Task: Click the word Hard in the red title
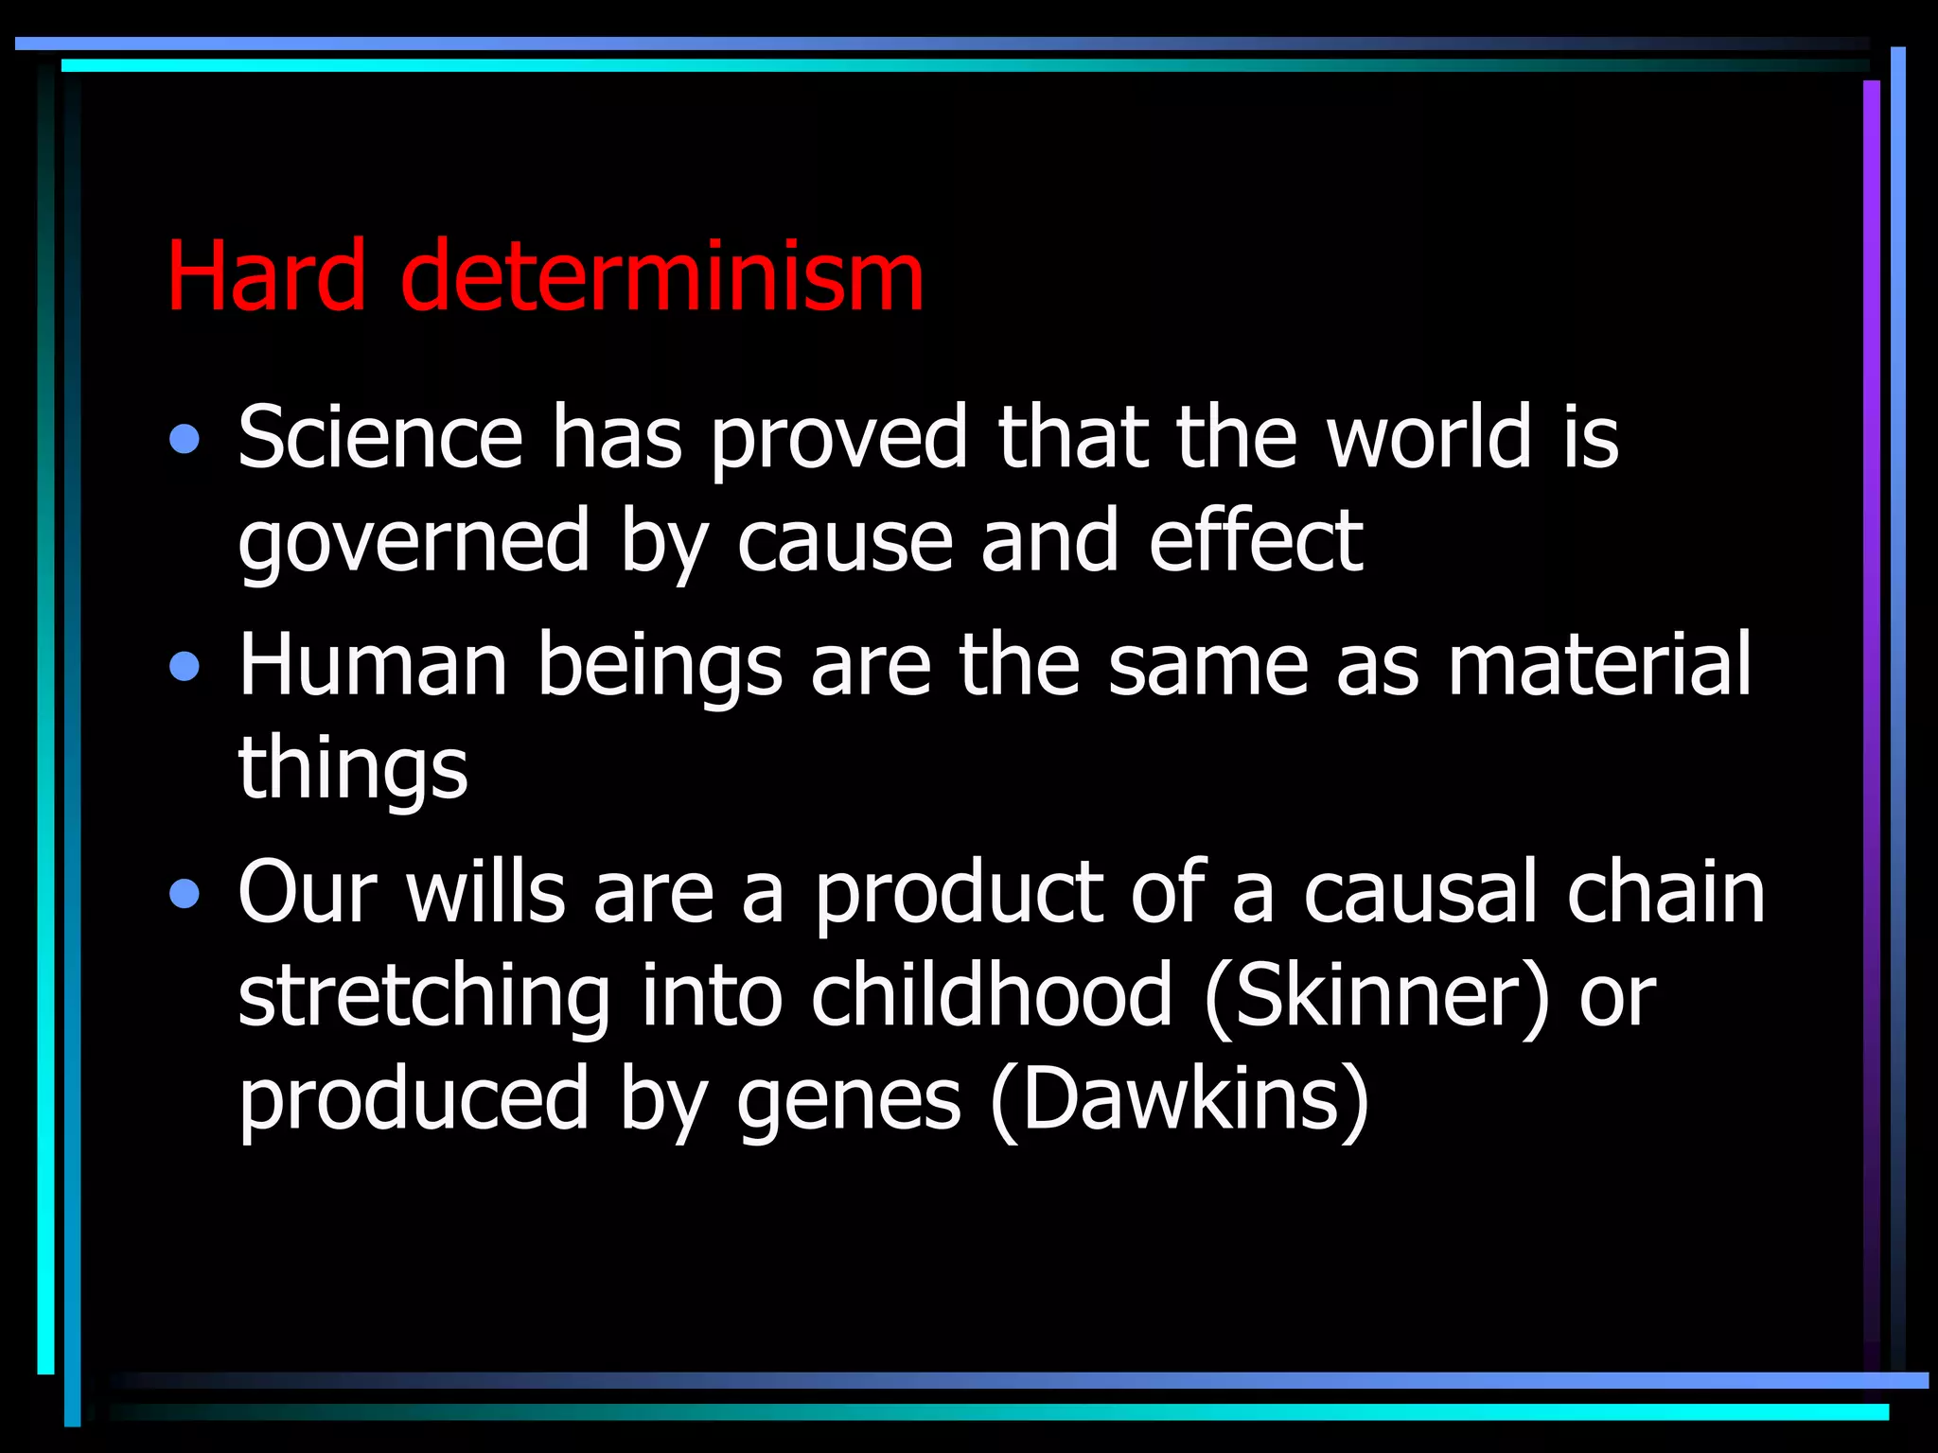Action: pyautogui.click(x=266, y=275)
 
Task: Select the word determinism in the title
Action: pyautogui.click(x=661, y=275)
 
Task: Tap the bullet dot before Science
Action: pyautogui.click(x=185, y=439)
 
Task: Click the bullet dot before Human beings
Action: pyautogui.click(x=185, y=667)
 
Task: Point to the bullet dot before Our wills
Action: pyautogui.click(x=185, y=894)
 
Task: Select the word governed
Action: pyautogui.click(x=414, y=543)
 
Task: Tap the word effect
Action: pyautogui.click(x=1256, y=541)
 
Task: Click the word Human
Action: pyautogui.click(x=373, y=665)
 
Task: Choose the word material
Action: pyautogui.click(x=1599, y=665)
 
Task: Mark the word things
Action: pyautogui.click(x=353, y=769)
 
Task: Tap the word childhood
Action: pyautogui.click(x=992, y=996)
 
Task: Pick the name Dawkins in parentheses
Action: pyautogui.click(x=1179, y=1100)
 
